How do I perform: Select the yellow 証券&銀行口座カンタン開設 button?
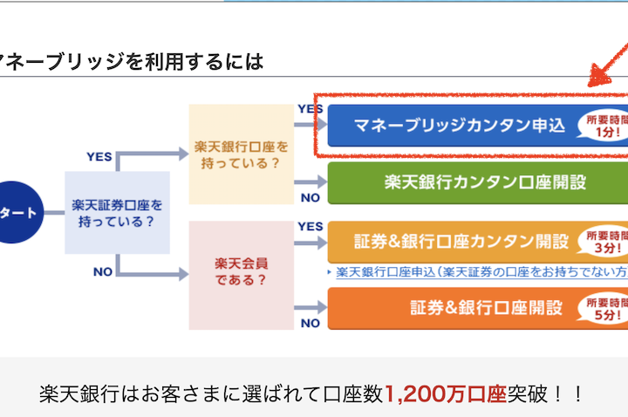tap(454, 242)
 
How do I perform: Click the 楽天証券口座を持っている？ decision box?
tap(117, 212)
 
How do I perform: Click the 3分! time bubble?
tap(605, 242)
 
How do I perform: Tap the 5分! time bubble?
tap(605, 309)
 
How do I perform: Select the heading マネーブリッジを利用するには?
tap(131, 62)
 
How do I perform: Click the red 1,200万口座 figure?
tap(446, 393)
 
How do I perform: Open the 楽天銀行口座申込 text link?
tap(480, 271)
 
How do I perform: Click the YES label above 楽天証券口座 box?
tap(99, 156)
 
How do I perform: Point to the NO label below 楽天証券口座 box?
tap(102, 271)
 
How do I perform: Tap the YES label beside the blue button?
tap(311, 109)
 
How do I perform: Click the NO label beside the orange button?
tap(311, 324)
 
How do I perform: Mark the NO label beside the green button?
tap(311, 197)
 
